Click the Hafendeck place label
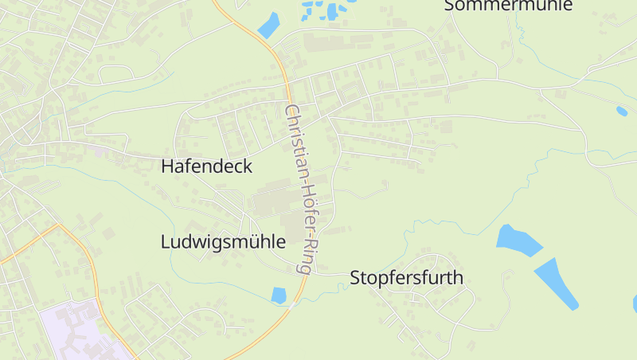206,166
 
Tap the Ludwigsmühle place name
222,241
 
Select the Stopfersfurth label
406,278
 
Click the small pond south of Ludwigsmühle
279,295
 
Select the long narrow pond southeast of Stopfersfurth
557,283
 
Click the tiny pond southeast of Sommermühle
621,111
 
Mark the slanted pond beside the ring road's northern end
268,25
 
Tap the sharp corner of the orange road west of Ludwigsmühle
60,225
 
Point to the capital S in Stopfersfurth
356,278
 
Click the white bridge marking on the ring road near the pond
295,300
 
